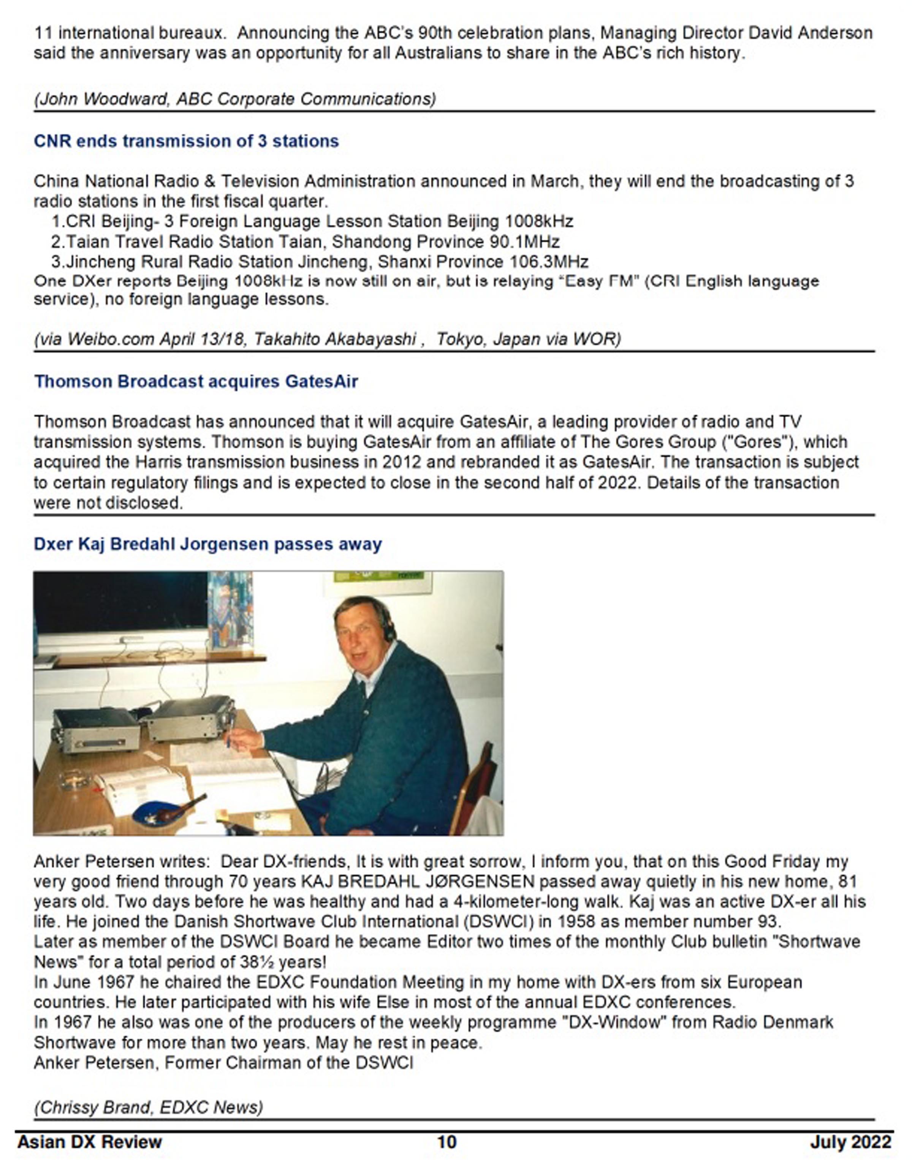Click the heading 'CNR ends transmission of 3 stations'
pyautogui.click(x=186, y=141)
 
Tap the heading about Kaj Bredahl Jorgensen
pyautogui.click(x=208, y=544)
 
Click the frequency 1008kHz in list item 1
pyautogui.click(x=539, y=221)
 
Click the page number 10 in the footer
pyautogui.click(x=447, y=1142)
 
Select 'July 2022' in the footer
pyautogui.click(x=850, y=1142)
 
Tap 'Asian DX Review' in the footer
pyautogui.click(x=90, y=1142)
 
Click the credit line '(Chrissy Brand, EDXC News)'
pyautogui.click(x=149, y=1107)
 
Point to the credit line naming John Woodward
pyautogui.click(x=235, y=99)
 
